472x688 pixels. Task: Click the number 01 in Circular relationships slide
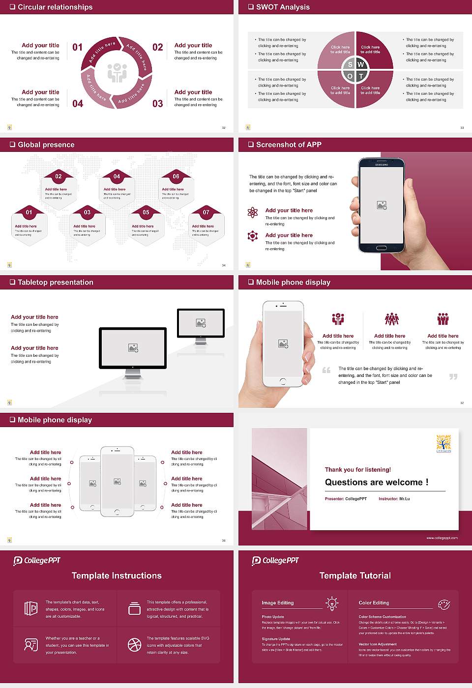(x=78, y=47)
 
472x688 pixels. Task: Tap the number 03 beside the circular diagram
(x=157, y=104)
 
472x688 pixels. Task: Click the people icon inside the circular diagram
(x=117, y=73)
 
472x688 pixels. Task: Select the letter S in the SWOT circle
(x=350, y=64)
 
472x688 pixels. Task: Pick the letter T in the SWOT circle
(x=361, y=76)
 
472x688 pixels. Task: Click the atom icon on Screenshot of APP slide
(x=253, y=212)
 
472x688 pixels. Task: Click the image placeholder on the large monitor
(x=133, y=347)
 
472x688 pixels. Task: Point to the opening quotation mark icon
(x=326, y=370)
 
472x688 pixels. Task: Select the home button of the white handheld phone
(x=283, y=381)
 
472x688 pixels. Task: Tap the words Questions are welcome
(x=376, y=482)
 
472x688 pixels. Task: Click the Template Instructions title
(x=117, y=575)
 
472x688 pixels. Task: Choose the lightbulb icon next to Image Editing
(x=332, y=603)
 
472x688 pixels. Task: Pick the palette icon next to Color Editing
(x=443, y=603)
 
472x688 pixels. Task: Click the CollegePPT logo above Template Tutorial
(x=275, y=561)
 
